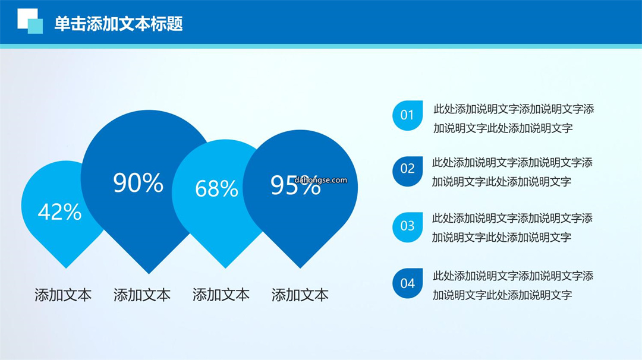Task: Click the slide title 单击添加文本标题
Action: pos(119,24)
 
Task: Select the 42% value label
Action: pos(60,212)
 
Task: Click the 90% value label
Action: pos(139,182)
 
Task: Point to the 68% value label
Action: pos(216,188)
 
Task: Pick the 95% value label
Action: pos(295,185)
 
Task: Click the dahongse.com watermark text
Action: pos(320,179)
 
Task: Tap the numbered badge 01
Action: pos(407,115)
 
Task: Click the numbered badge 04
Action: pos(407,283)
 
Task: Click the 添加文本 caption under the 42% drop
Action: pos(63,295)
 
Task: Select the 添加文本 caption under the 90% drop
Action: pos(142,295)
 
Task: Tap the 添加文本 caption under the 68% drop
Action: pos(221,295)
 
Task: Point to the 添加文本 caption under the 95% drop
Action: pos(300,295)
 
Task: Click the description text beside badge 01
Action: pos(514,119)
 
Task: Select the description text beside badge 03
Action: pos(512,228)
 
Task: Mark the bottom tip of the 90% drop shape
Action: pos(149,274)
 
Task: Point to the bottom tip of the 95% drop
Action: pos(300,269)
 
